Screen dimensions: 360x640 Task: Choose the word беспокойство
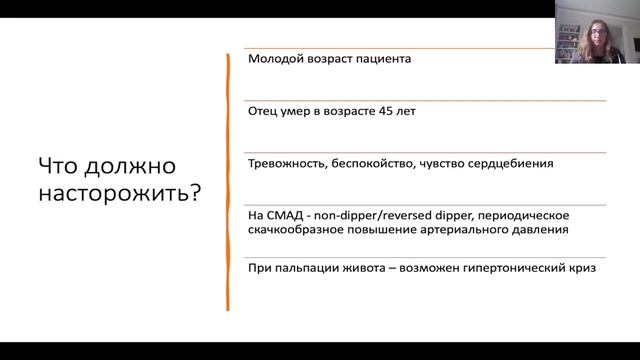pos(384,163)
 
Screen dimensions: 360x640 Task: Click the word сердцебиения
pos(512,163)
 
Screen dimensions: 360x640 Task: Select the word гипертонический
pos(509,267)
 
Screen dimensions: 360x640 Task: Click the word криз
pos(571,267)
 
